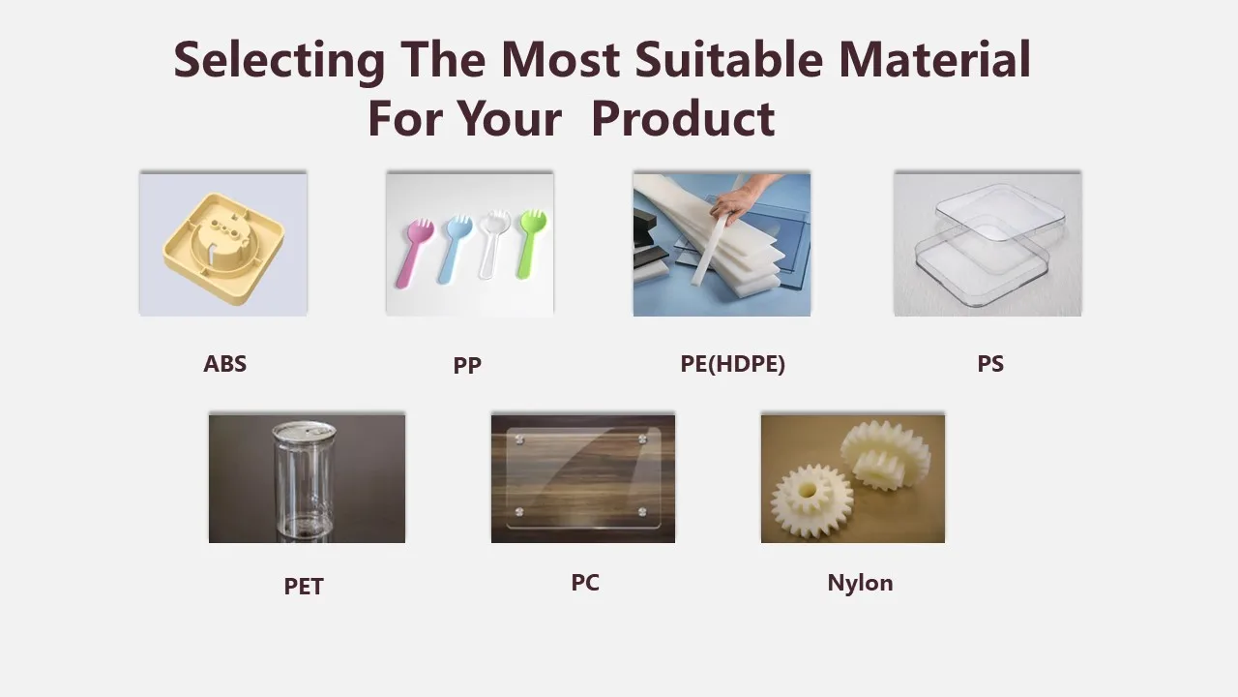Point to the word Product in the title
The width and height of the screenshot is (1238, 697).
tap(682, 119)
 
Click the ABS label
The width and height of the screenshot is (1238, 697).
tap(224, 364)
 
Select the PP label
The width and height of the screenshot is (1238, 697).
tap(467, 365)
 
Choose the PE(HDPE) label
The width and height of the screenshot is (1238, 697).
tap(732, 364)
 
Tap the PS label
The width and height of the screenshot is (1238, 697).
tap(990, 364)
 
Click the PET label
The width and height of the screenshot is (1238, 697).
tap(304, 586)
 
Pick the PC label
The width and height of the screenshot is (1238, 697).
tap(585, 582)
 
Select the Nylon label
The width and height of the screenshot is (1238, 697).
tap(860, 582)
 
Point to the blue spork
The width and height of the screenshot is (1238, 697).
tap(452, 248)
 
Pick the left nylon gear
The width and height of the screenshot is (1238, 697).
tap(811, 500)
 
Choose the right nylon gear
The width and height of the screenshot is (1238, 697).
tap(885, 453)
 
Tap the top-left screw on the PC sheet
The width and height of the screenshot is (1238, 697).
tap(519, 440)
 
